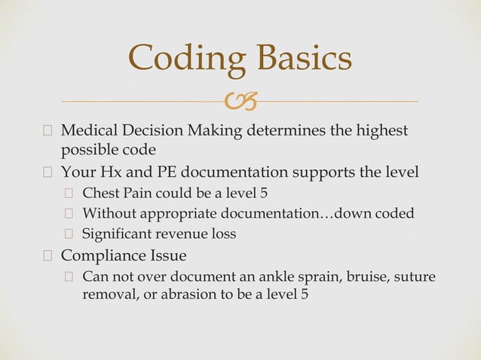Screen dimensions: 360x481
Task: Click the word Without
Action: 108,213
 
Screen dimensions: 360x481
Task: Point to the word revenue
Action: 187,234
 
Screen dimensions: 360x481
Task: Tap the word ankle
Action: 275,276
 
